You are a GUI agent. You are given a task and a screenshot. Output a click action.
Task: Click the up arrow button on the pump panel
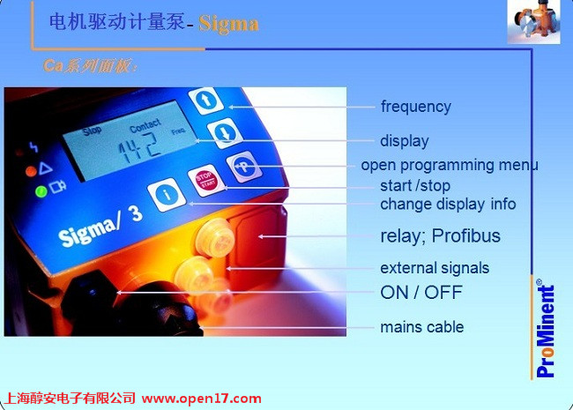tap(206, 100)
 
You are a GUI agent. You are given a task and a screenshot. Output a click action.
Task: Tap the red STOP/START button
tap(206, 180)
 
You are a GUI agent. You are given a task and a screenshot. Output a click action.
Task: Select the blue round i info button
tap(167, 194)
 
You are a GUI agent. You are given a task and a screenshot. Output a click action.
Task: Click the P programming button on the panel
tap(244, 167)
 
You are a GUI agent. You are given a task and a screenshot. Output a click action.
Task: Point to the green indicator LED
tap(41, 191)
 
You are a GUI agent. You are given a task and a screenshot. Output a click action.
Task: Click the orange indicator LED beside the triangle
tap(31, 171)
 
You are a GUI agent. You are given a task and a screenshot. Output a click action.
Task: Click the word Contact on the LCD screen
tap(145, 125)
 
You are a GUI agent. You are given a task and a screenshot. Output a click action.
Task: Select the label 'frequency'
tap(416, 107)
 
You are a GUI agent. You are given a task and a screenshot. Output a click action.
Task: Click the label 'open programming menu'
tap(450, 165)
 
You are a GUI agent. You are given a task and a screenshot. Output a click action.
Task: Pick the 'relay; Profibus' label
tap(441, 235)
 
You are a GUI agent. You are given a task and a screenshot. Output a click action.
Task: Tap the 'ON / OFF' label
tap(421, 293)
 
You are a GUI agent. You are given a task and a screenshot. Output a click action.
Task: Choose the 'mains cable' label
tap(422, 327)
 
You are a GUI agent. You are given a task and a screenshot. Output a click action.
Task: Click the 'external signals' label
tap(435, 268)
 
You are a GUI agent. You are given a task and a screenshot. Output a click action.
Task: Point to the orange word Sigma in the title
tap(229, 24)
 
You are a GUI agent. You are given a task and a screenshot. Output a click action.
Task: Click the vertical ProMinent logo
tap(545, 329)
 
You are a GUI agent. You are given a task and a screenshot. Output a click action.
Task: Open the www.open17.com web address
tap(202, 399)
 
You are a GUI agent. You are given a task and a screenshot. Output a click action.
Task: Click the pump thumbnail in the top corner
tap(534, 22)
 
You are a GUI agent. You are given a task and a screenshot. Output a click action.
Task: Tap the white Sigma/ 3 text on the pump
tap(100, 227)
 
